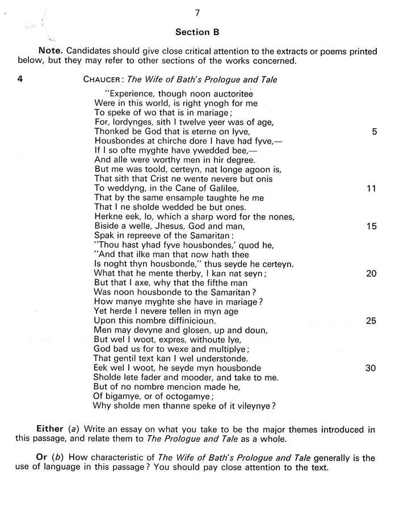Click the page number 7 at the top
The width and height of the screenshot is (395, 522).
[x=197, y=12]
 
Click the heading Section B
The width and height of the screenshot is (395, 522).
[x=197, y=32]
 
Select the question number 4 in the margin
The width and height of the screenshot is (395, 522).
[x=20, y=79]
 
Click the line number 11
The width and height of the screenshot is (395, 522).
[x=372, y=188]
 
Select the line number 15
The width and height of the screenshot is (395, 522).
[x=372, y=226]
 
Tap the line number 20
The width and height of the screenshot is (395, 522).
[x=372, y=273]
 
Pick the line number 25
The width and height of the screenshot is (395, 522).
[x=372, y=321]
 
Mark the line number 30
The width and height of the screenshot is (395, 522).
[x=372, y=368]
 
